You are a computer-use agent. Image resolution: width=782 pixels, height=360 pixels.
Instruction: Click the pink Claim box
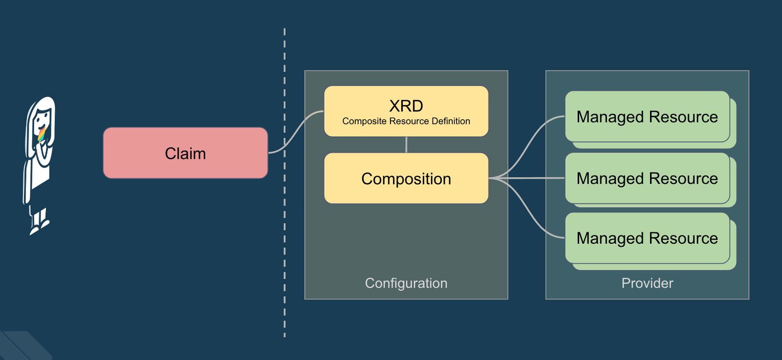click(x=185, y=153)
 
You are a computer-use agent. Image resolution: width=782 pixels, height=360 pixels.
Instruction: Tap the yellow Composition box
click(x=406, y=178)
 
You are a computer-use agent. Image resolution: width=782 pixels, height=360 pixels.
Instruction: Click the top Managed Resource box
click(x=647, y=117)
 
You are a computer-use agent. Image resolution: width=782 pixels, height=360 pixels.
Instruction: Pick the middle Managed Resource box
click(x=647, y=178)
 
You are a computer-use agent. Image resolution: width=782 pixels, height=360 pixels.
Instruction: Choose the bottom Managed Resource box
click(x=647, y=238)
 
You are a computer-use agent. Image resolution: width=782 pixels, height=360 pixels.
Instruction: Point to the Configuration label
click(x=406, y=283)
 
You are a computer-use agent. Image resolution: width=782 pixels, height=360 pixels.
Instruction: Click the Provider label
click(x=647, y=283)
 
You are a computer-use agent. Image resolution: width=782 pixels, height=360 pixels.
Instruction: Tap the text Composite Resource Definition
click(x=406, y=121)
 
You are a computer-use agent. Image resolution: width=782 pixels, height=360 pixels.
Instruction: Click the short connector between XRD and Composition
click(x=406, y=145)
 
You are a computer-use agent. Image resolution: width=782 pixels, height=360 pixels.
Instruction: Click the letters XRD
click(x=406, y=106)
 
